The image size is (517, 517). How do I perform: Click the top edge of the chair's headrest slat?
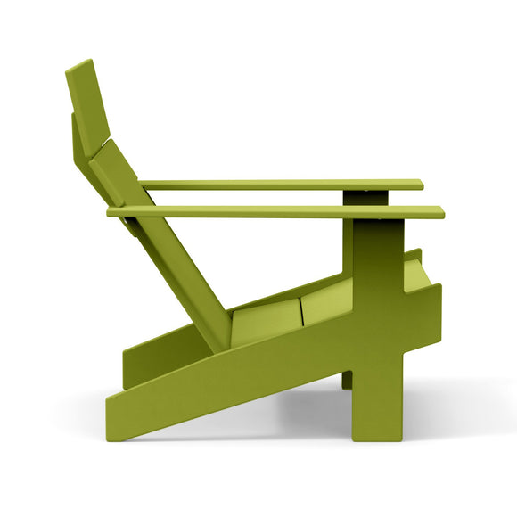pos(79,65)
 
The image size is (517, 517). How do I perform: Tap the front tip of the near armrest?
pos(439,212)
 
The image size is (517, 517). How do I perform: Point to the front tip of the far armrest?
pos(420,185)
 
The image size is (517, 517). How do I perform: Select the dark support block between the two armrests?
pos(369,198)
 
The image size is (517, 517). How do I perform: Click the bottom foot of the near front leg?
pos(378,434)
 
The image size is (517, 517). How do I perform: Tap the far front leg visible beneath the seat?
pos(346,380)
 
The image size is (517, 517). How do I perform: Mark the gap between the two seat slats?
pos(300,311)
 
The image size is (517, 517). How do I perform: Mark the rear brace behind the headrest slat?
pos(75,134)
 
